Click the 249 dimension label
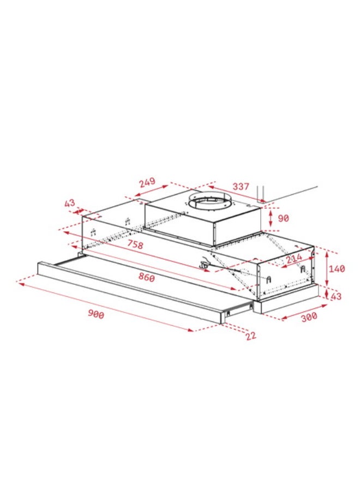pyautogui.click(x=147, y=182)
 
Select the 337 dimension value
pyautogui.click(x=241, y=187)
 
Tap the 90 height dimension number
pyautogui.click(x=283, y=218)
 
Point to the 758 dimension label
pyautogui.click(x=135, y=244)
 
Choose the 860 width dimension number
pyautogui.click(x=146, y=277)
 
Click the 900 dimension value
pyautogui.click(x=96, y=314)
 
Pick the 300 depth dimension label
pyautogui.click(x=309, y=317)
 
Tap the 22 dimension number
pyautogui.click(x=251, y=336)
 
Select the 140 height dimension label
pyautogui.click(x=337, y=268)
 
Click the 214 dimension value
pyautogui.click(x=294, y=258)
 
